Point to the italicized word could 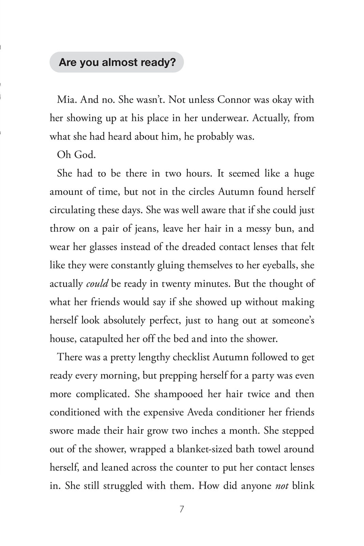coord(97,284)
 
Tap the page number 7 coord(181,509)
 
